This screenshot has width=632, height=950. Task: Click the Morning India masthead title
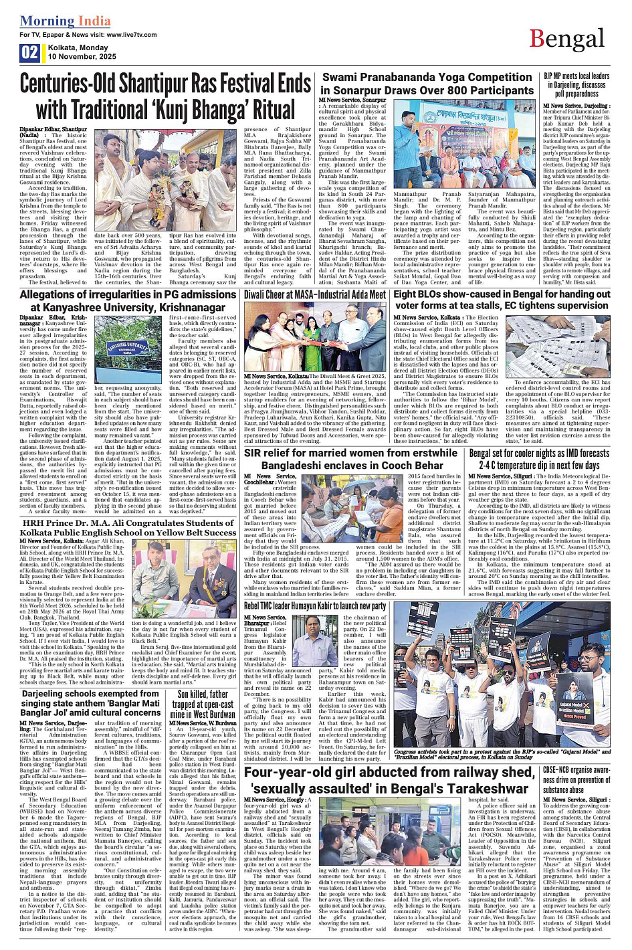(x=65, y=21)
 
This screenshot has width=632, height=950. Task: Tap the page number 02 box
(x=30, y=53)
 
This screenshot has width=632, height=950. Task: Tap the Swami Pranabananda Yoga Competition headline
(x=428, y=84)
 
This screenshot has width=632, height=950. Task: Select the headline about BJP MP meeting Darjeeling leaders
(x=576, y=85)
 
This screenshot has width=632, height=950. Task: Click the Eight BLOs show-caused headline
(x=493, y=300)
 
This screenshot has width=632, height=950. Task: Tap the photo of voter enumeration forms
(x=567, y=347)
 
